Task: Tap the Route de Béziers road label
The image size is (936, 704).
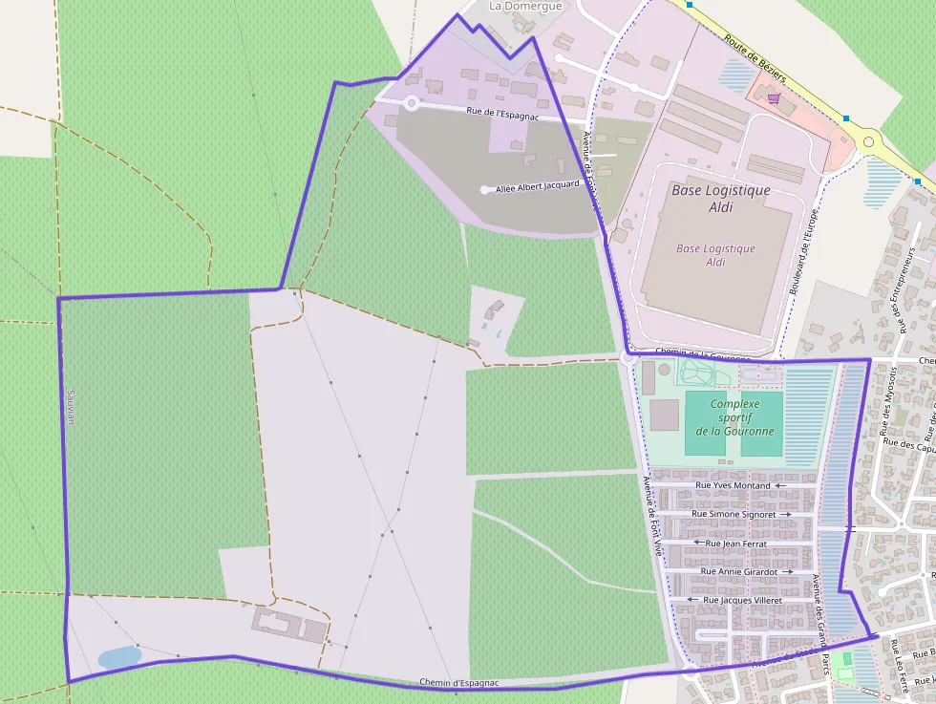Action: click(x=755, y=59)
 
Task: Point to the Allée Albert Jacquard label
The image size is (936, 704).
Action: click(x=537, y=187)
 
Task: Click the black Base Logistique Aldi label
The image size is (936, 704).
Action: click(x=720, y=199)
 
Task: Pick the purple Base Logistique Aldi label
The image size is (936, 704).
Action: click(x=715, y=255)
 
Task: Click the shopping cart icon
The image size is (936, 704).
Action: click(x=773, y=97)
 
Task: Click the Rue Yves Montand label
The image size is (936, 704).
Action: click(x=734, y=485)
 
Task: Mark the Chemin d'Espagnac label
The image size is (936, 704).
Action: click(x=458, y=683)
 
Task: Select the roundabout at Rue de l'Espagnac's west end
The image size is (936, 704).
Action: click(x=412, y=102)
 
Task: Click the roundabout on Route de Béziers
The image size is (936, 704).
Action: click(x=868, y=141)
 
